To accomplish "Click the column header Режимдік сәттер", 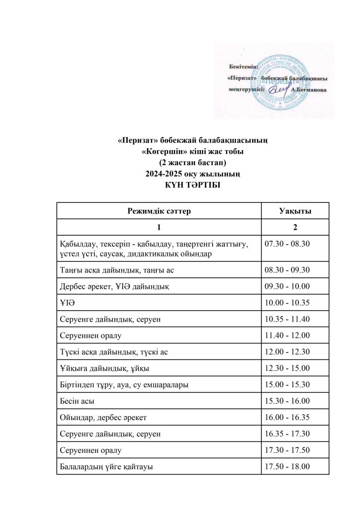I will (x=159, y=211).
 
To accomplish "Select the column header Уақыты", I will (x=295, y=211).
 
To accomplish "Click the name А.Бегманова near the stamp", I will (x=309, y=90).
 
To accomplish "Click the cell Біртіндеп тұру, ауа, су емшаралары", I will (x=124, y=385).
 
